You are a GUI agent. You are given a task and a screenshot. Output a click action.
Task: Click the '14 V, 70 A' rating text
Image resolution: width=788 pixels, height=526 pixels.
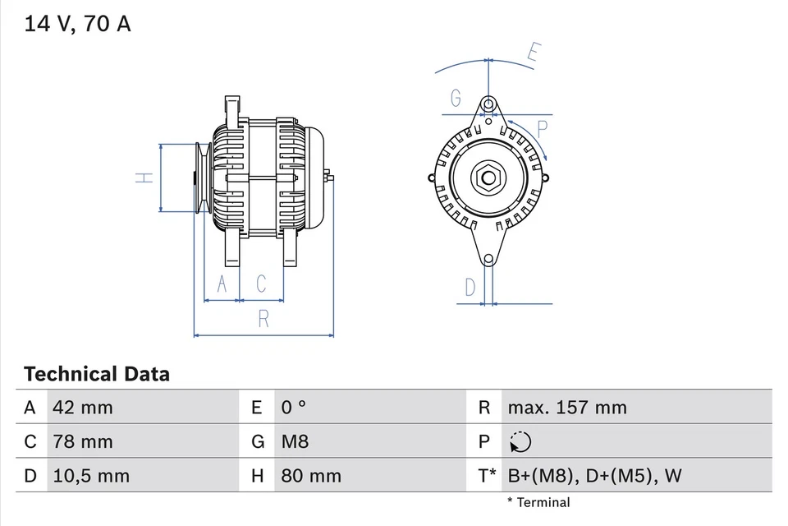78,24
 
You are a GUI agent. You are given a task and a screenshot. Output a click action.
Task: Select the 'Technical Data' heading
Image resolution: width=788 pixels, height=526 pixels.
97,375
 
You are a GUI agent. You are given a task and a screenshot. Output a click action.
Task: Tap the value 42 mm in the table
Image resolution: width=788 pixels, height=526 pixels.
82,408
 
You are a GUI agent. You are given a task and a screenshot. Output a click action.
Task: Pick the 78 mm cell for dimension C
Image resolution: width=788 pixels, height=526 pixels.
82,442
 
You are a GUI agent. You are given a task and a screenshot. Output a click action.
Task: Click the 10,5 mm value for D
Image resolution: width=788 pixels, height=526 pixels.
90,476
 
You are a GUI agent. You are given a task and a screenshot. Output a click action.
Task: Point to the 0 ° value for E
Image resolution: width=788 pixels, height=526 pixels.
293,408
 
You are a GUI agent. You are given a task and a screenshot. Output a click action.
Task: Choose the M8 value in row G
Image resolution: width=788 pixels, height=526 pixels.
295,442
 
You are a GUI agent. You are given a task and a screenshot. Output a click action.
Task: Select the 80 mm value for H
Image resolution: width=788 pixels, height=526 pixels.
311,476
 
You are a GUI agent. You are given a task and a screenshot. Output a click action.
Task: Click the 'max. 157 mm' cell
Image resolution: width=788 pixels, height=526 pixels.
566,408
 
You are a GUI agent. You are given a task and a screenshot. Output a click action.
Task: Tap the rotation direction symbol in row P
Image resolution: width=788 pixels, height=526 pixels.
520,442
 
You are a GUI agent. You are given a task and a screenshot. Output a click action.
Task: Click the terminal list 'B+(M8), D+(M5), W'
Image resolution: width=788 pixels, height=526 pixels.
594,476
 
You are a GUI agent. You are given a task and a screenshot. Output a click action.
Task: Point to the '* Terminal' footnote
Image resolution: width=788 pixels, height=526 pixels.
538,502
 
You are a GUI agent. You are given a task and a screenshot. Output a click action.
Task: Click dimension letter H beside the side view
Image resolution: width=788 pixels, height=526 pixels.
143,178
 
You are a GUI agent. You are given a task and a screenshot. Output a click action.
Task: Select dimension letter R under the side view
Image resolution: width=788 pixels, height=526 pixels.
263,319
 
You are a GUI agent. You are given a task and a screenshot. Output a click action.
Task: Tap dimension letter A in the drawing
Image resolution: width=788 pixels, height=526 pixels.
221,284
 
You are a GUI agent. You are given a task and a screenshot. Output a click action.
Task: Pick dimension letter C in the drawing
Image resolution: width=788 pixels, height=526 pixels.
261,284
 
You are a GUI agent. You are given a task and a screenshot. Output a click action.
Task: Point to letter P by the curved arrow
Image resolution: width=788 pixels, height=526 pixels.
543,127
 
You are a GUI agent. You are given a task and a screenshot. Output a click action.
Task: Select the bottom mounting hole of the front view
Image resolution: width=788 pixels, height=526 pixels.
488,260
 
